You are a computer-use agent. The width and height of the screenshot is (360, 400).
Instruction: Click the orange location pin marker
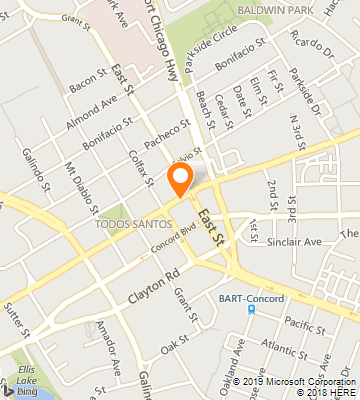[180, 179]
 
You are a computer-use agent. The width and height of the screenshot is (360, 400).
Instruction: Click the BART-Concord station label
[252, 297]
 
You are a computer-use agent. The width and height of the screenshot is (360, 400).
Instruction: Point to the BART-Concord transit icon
[251, 309]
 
